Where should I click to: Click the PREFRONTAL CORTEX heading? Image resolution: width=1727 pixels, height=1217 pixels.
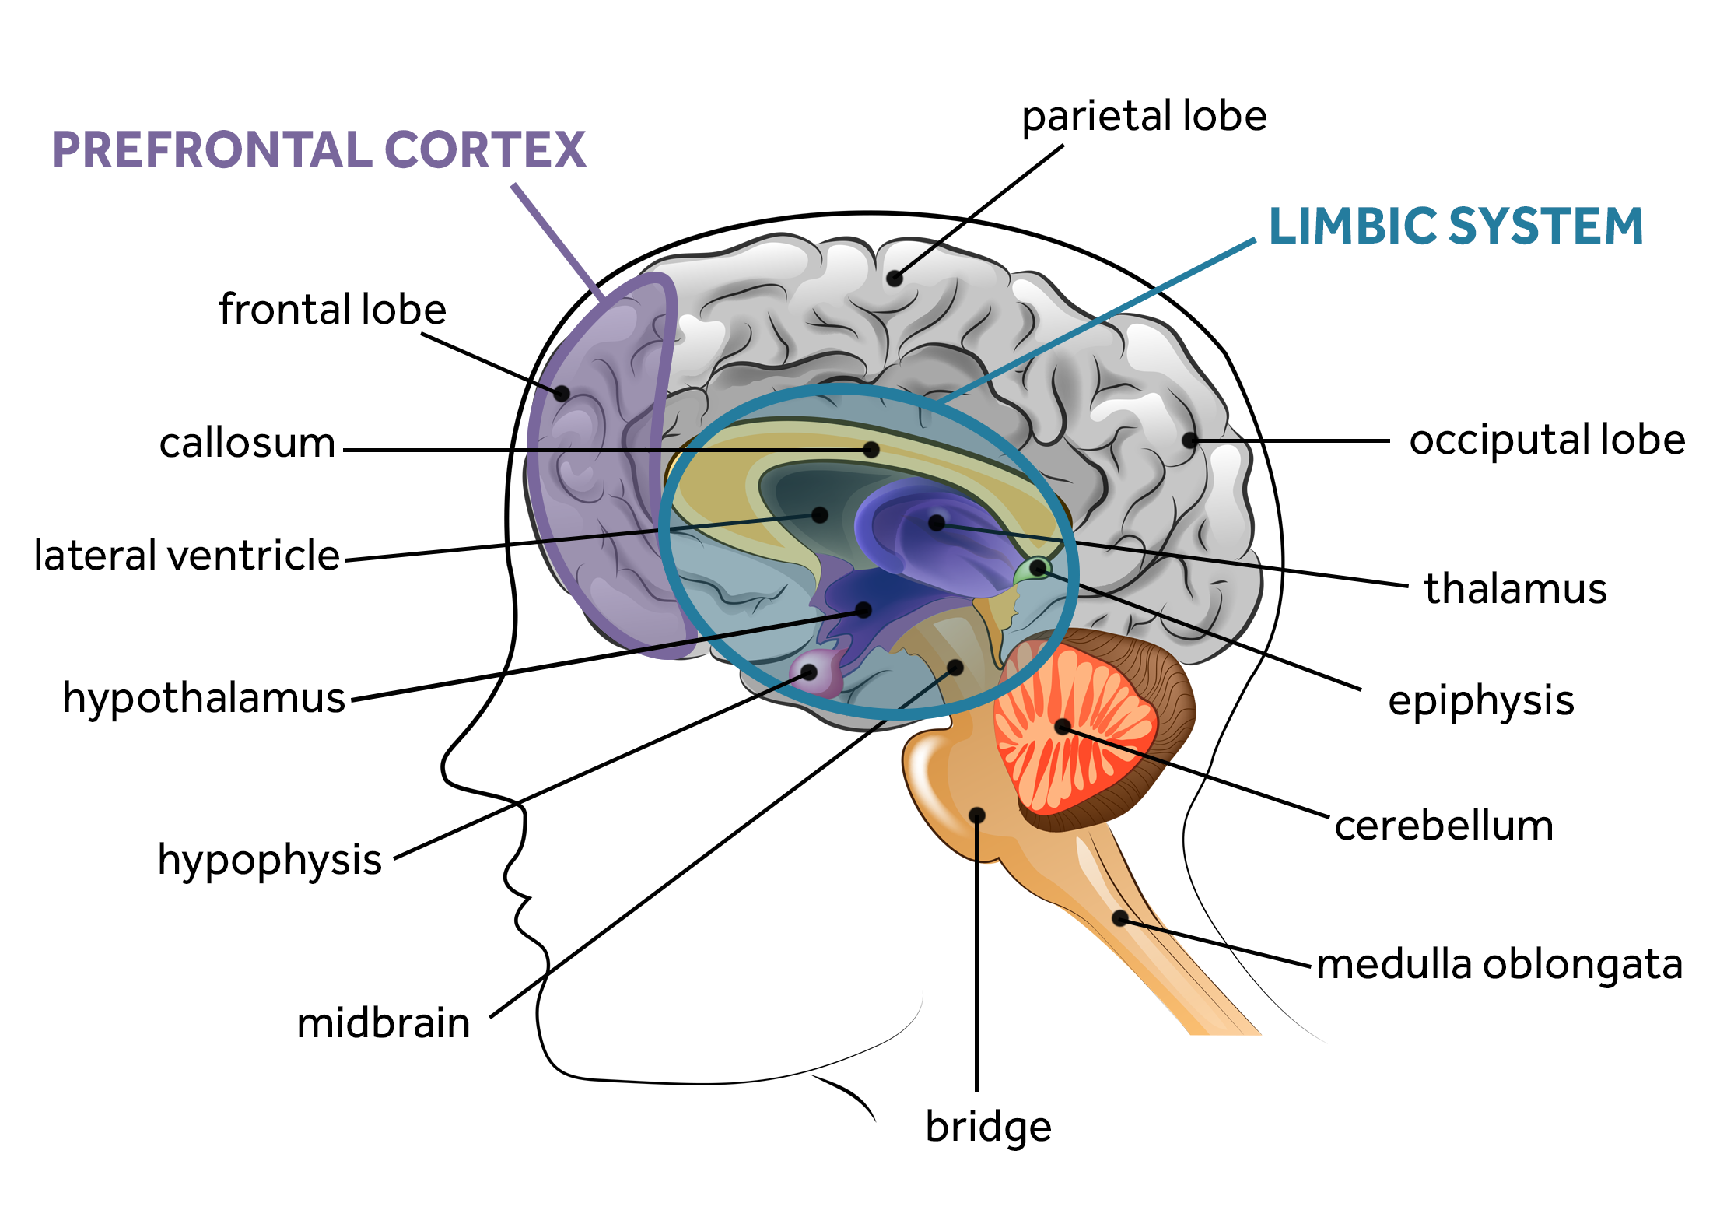319,149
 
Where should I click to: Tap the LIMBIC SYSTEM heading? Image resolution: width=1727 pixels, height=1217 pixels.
1456,226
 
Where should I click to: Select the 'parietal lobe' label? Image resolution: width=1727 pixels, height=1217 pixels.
1144,117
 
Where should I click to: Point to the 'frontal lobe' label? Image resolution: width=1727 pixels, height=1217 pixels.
332,309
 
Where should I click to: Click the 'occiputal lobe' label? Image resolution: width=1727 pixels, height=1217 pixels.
1547,440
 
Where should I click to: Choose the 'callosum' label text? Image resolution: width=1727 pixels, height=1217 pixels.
247,443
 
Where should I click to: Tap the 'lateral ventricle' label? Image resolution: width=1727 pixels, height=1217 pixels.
187,556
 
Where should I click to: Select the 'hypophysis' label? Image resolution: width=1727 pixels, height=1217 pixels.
270,861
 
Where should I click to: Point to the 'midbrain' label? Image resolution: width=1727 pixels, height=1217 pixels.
384,1022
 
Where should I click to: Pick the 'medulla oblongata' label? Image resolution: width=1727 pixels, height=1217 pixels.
1500,964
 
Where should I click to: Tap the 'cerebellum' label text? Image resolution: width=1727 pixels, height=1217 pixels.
1444,826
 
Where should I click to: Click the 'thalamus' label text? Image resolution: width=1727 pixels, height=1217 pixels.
1515,588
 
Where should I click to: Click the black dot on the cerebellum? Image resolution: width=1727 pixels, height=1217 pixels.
1063,727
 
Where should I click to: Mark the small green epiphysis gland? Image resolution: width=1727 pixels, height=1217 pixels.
1032,570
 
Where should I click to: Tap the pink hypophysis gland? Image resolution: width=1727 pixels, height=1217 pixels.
816,672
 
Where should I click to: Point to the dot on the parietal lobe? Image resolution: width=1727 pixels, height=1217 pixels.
895,278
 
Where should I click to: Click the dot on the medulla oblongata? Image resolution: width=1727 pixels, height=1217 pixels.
1119,918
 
